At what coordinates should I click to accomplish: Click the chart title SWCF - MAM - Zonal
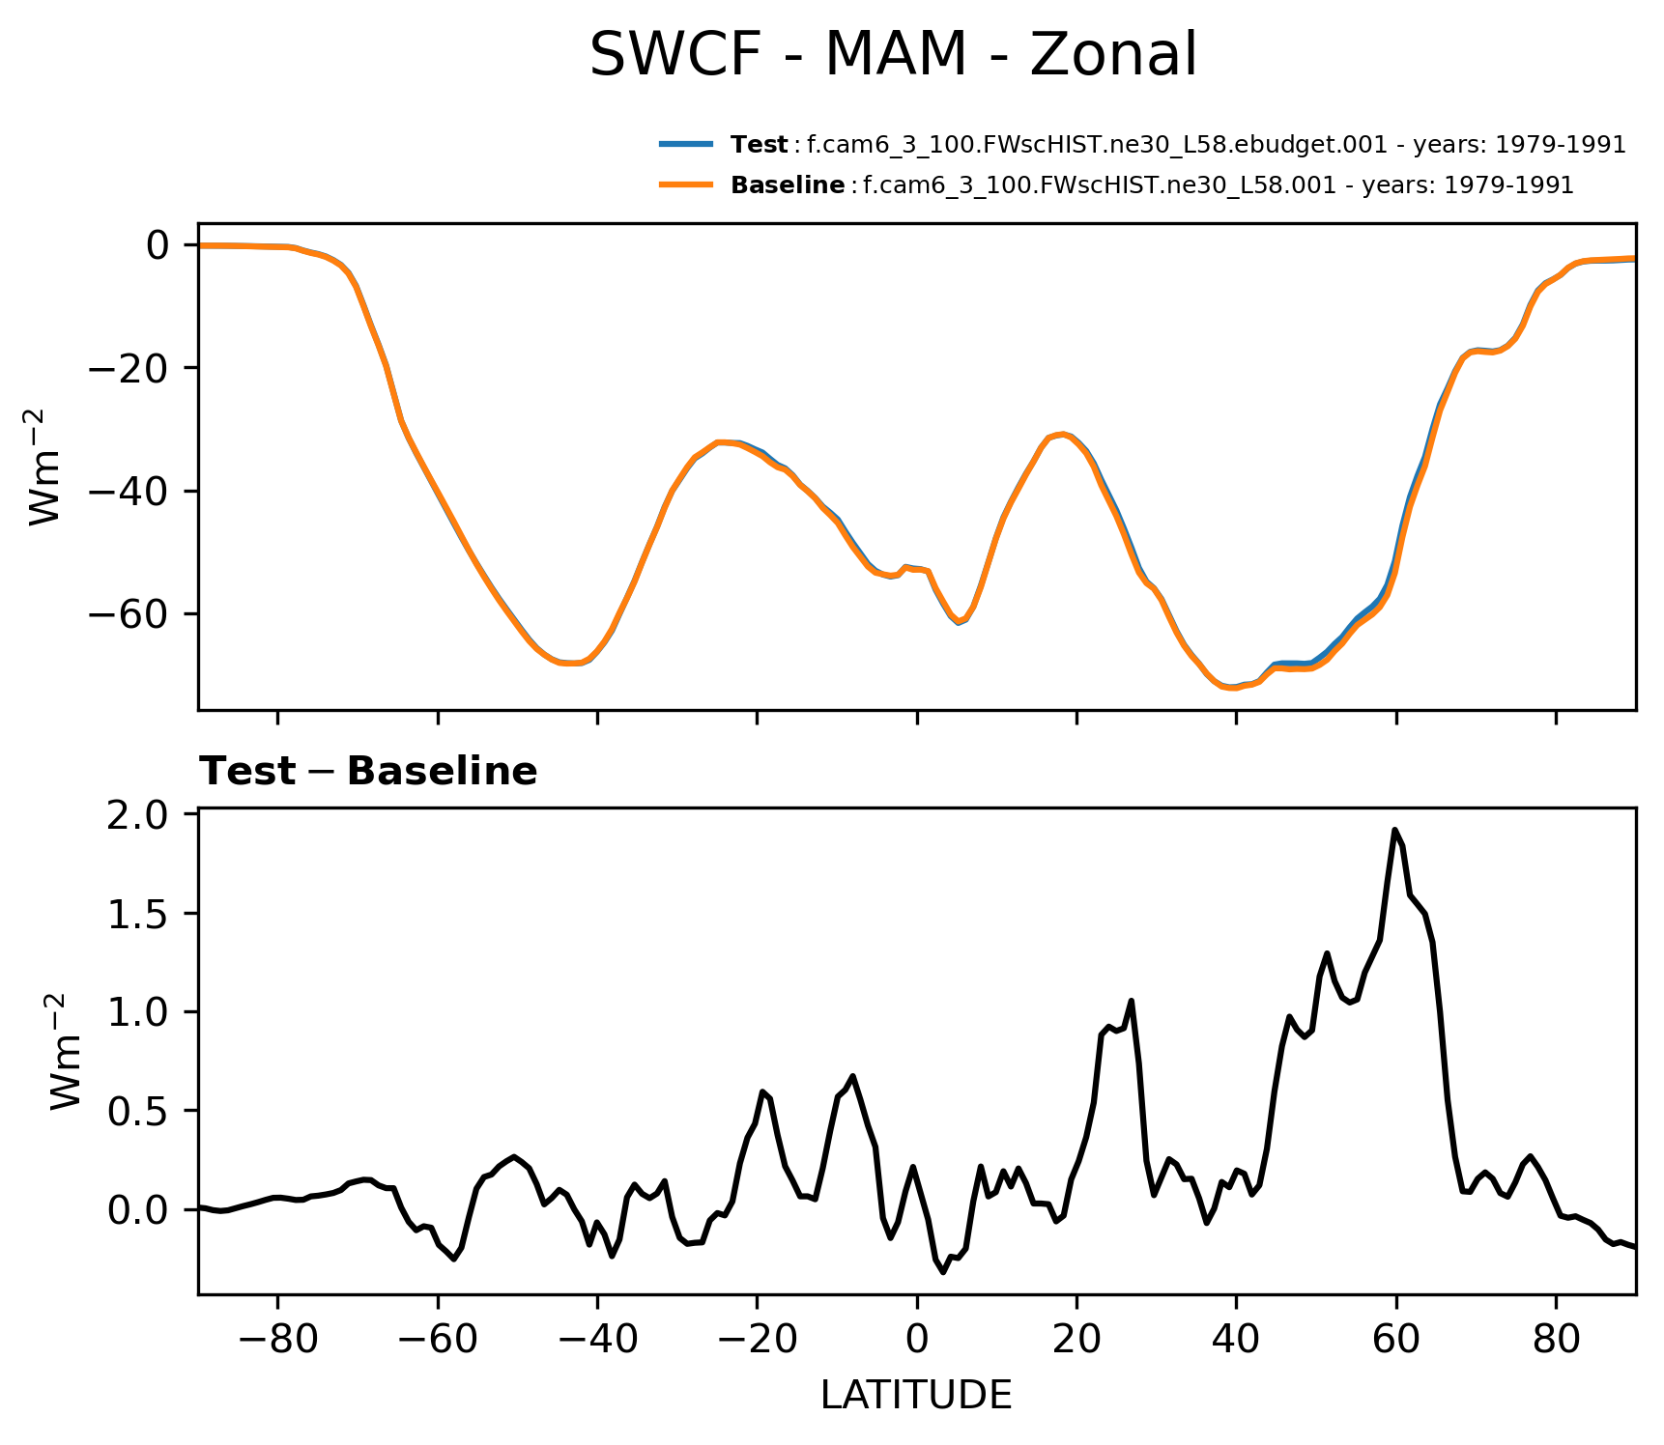coord(893,55)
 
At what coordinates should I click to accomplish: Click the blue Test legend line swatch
coord(686,145)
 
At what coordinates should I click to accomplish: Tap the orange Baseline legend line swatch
coord(686,184)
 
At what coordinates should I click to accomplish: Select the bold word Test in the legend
coord(760,145)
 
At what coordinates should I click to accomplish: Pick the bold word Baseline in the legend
coord(788,184)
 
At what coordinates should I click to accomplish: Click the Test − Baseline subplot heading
coord(368,772)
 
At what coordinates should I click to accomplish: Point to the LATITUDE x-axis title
coord(916,1396)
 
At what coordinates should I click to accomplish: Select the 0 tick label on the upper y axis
coord(158,245)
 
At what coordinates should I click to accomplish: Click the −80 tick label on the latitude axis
coord(277,1339)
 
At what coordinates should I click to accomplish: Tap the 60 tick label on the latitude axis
coord(1396,1339)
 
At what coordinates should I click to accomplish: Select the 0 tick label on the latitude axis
coord(917,1339)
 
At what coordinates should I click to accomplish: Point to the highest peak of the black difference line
coord(1395,830)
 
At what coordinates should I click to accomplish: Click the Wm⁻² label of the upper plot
coord(46,467)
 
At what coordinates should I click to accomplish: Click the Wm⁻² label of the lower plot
coord(67,1052)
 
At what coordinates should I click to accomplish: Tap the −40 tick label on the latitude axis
coord(597,1339)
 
